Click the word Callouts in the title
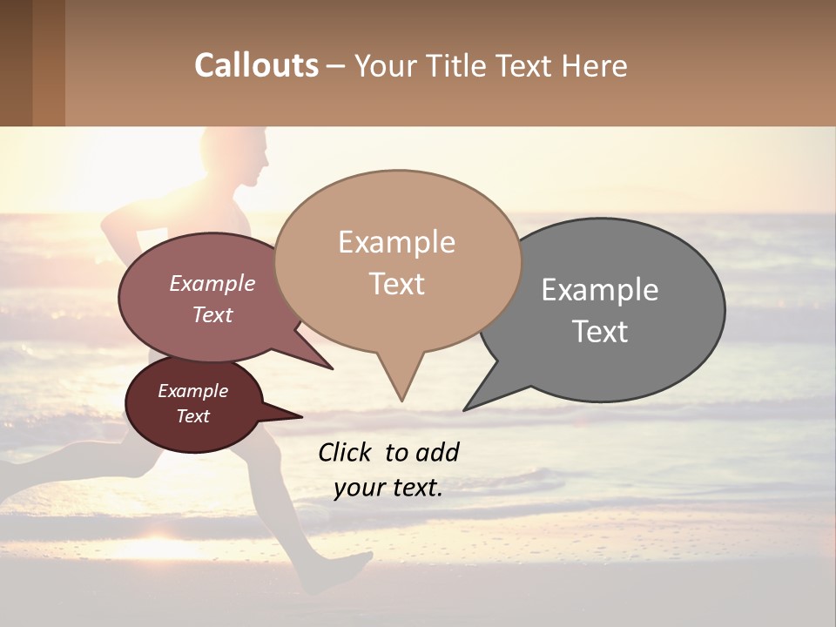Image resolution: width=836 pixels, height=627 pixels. point(256,65)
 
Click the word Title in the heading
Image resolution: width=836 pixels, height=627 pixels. point(455,65)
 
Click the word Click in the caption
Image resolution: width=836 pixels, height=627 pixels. point(345,452)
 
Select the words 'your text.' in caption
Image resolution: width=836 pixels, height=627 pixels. point(388,488)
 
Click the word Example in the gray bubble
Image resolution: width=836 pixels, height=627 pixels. point(600,290)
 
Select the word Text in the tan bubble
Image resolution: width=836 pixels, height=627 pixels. point(397,284)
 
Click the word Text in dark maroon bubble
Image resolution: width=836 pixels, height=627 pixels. point(193,416)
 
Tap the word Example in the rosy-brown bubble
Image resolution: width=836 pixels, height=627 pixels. point(212,283)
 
